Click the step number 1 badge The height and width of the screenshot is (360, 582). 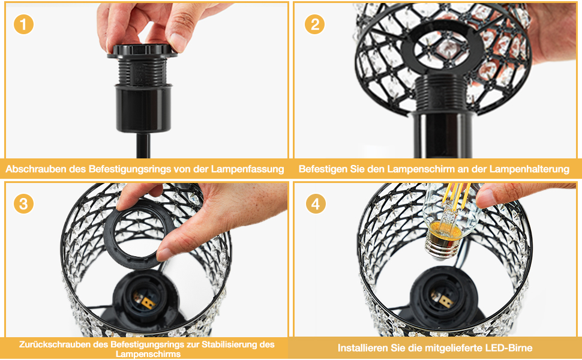coord(23,25)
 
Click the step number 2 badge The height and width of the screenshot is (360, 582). coord(315,25)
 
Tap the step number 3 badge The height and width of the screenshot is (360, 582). coord(23,204)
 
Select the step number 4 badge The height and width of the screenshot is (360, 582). coord(316,204)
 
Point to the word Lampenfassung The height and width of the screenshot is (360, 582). coord(248,169)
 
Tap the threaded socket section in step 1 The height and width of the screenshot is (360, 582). coord(143,71)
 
